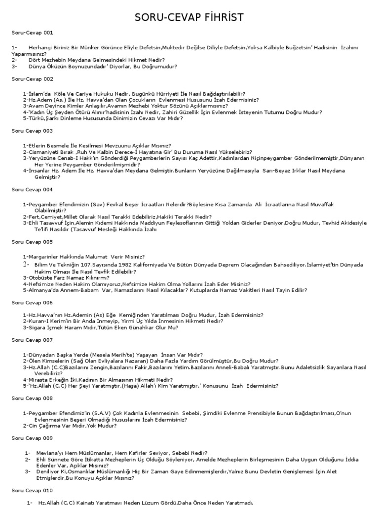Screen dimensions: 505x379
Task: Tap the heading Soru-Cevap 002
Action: [32, 79]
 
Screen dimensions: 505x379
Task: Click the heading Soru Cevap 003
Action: [32, 131]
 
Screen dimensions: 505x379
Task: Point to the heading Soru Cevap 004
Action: [32, 189]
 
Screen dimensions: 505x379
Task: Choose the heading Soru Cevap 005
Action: [32, 242]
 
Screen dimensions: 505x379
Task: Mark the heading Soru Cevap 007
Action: [32, 340]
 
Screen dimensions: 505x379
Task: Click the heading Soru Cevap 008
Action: [32, 398]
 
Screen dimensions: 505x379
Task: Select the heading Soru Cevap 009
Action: [32, 437]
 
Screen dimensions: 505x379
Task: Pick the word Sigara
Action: [36, 327]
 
